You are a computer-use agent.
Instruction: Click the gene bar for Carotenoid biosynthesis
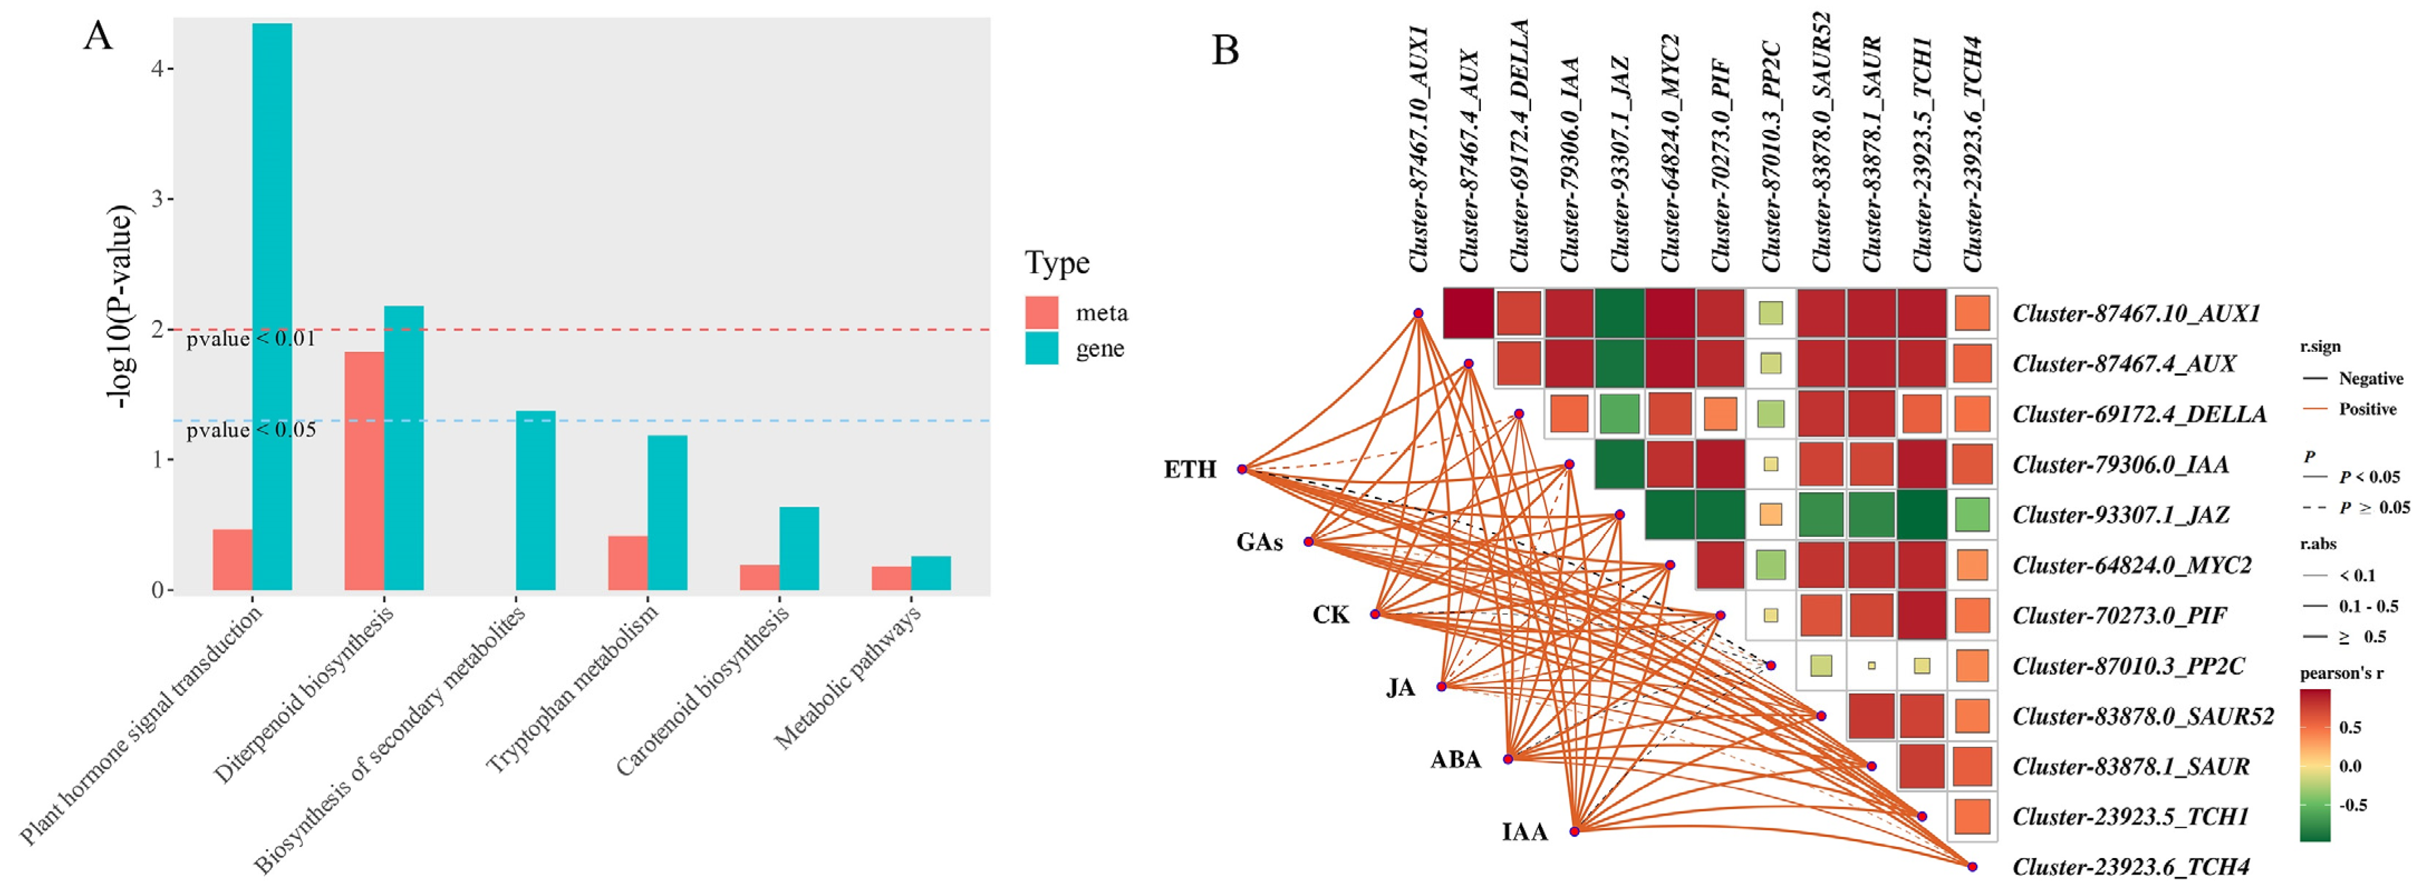pos(799,549)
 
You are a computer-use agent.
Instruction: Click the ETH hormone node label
pos(1190,469)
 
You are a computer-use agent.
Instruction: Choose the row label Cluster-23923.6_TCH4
pos(2131,866)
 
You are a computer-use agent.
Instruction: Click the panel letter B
pos(1226,49)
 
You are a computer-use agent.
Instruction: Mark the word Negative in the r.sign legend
pos(2370,379)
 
